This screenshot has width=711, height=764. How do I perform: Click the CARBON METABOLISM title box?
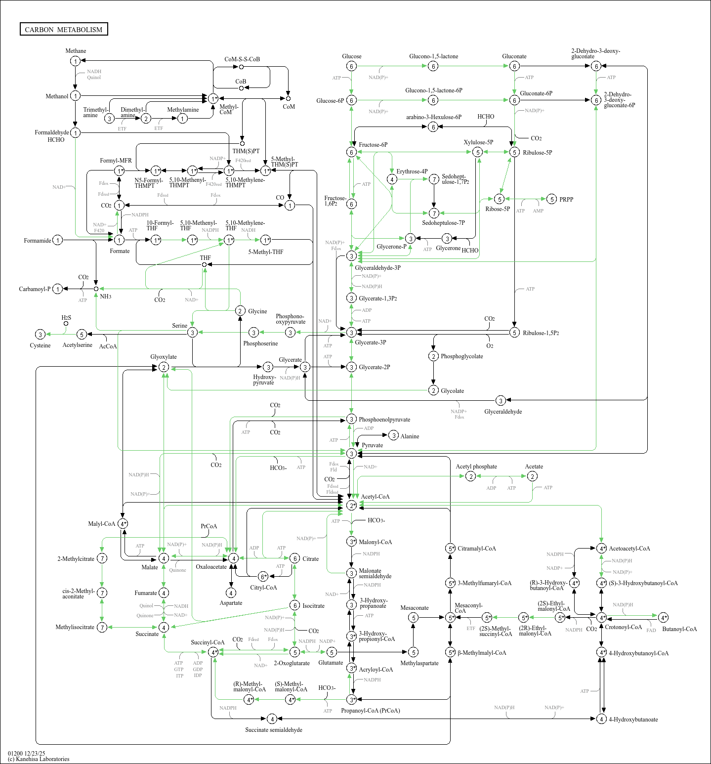tap(64, 29)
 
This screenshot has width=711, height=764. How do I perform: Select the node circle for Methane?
tap(75, 61)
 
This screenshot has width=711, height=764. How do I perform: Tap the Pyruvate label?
tap(372, 445)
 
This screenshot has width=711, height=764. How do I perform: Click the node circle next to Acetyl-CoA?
tap(351, 505)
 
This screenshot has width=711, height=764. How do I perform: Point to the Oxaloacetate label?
tap(211, 567)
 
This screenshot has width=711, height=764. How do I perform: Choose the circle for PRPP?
tap(551, 199)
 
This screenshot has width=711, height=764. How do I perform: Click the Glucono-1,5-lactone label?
tap(433, 56)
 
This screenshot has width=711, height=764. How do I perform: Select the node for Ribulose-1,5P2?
tap(514, 333)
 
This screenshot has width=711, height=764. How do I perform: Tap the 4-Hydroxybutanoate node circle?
tap(601, 719)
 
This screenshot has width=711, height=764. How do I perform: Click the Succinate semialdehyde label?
tap(274, 730)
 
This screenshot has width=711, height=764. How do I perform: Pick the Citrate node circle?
tap(294, 558)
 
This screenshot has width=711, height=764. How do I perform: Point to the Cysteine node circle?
tap(41, 335)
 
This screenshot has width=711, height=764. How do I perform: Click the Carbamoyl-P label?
tap(35, 289)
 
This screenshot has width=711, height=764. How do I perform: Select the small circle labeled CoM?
tap(288, 98)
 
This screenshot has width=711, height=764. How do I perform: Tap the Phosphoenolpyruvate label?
tap(384, 420)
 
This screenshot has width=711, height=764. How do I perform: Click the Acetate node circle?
tap(532, 476)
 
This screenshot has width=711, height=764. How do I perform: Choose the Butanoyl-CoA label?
tap(679, 629)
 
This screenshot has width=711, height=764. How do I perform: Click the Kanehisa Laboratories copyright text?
tap(39, 759)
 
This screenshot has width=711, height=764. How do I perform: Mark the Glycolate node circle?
tap(433, 390)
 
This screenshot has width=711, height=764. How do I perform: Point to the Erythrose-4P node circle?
tap(392, 179)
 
